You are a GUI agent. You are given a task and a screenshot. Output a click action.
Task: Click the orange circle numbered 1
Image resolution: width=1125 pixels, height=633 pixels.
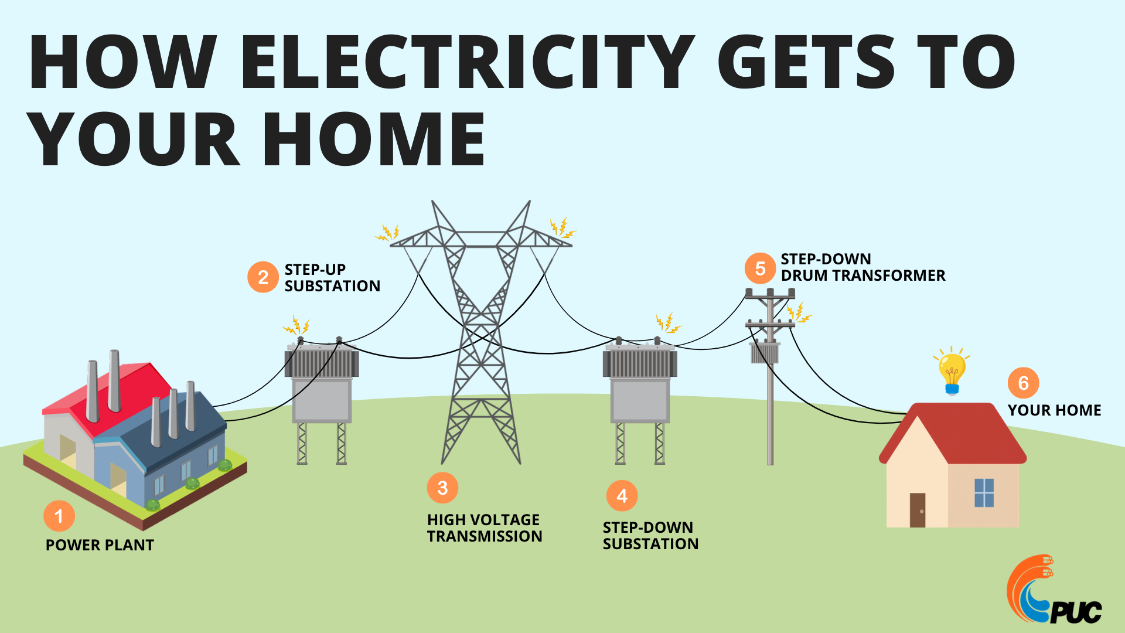[59, 516]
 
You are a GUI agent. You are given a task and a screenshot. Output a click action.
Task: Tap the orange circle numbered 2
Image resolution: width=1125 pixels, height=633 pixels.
[263, 277]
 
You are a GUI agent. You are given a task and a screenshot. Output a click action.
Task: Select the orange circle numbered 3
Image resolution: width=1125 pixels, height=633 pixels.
[442, 488]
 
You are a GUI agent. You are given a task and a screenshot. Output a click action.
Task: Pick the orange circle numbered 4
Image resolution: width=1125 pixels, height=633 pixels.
[622, 496]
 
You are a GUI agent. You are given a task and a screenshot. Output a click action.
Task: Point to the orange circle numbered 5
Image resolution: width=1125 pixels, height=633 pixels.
[760, 268]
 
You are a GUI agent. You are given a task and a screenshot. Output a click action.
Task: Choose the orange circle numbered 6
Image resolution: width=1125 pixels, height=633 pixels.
[1023, 383]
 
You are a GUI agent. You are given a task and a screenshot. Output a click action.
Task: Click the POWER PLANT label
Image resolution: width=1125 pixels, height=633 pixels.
[100, 545]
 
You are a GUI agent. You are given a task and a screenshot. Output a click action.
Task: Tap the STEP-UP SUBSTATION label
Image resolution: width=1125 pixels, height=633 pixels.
[332, 278]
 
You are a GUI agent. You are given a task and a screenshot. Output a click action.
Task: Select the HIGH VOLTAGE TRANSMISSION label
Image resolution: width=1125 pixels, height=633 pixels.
[485, 528]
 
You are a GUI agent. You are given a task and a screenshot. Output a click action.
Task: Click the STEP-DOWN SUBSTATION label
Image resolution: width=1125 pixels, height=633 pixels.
[650, 536]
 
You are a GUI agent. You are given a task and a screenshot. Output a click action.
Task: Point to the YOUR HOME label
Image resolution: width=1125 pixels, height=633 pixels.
[1054, 410]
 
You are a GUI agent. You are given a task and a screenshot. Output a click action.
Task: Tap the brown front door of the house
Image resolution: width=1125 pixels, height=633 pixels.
[918, 510]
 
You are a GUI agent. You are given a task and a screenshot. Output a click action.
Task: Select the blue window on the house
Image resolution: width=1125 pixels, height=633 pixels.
[984, 493]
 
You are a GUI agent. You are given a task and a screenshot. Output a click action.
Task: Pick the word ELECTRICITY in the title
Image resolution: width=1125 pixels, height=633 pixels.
[467, 62]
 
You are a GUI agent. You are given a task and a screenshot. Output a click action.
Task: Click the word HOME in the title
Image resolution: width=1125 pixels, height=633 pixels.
[374, 139]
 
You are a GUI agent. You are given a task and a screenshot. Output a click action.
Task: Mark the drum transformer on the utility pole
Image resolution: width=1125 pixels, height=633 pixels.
[765, 353]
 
